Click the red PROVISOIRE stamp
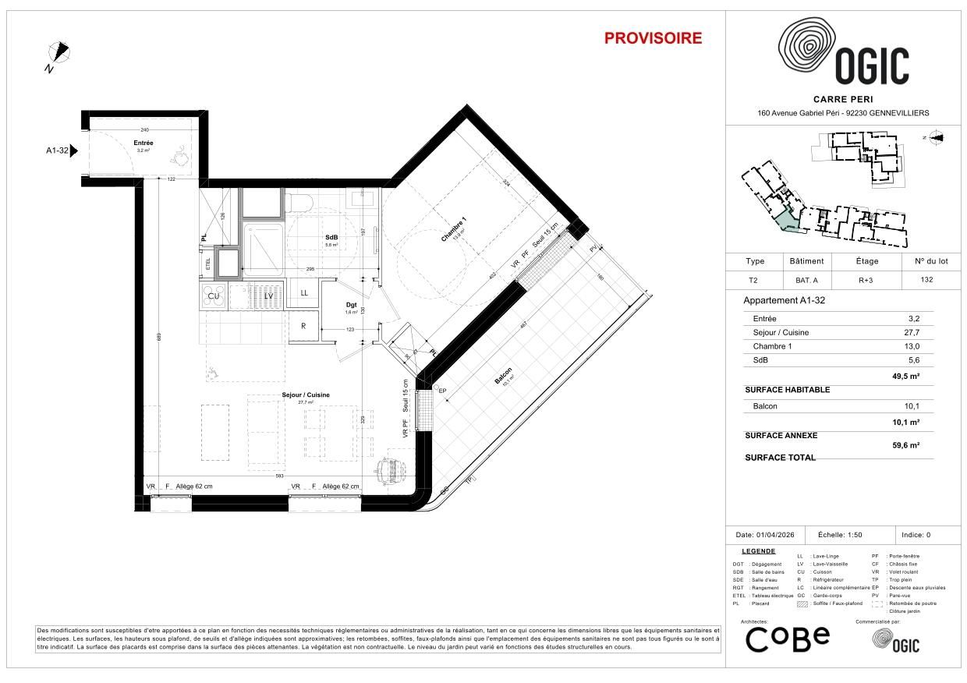click(653, 38)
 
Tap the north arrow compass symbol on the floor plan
click(59, 53)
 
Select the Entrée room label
click(143, 143)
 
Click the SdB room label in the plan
click(331, 238)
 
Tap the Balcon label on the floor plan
click(502, 376)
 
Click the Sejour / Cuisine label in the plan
click(305, 395)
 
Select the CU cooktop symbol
click(213, 295)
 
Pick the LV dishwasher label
click(267, 295)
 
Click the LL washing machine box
click(304, 293)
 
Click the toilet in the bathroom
click(299, 203)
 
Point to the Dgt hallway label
click(352, 305)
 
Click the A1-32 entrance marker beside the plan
click(62, 151)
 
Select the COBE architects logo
click(787, 639)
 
